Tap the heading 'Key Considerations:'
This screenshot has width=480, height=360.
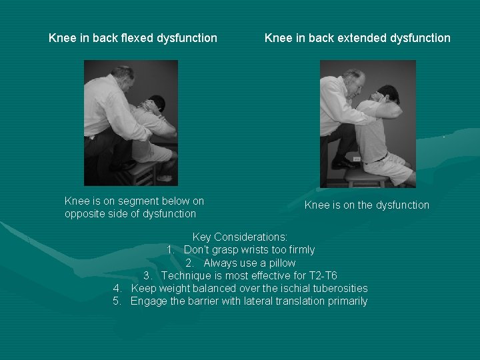click(x=240, y=237)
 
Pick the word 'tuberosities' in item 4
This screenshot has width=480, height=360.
click(x=338, y=288)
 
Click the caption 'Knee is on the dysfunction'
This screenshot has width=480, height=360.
click(x=367, y=205)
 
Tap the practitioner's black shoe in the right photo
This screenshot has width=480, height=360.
click(x=343, y=162)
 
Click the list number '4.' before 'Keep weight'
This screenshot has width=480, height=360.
click(x=117, y=288)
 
